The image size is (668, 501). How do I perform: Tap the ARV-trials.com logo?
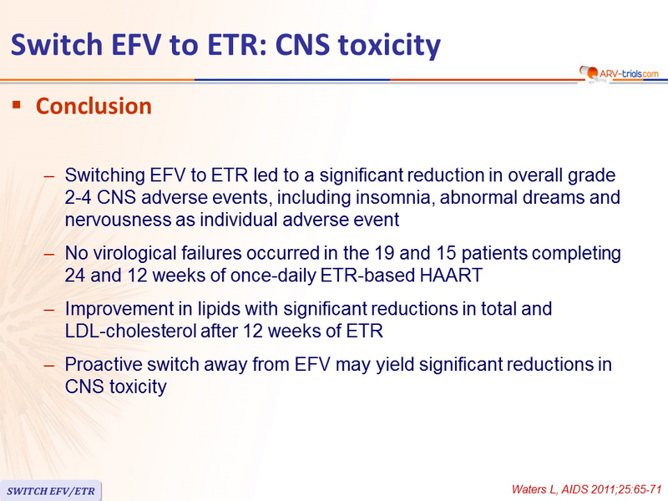click(619, 73)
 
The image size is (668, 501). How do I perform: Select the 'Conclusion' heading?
click(94, 106)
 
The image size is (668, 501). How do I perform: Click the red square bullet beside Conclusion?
click(17, 104)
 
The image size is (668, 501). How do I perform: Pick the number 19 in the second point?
click(384, 253)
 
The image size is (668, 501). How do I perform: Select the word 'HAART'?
click(451, 276)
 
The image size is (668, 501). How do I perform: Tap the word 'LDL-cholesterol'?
click(130, 331)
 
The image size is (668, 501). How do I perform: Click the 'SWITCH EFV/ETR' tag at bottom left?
click(51, 491)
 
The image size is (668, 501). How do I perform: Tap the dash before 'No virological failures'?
click(49, 254)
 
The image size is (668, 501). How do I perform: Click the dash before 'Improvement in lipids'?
click(49, 309)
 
